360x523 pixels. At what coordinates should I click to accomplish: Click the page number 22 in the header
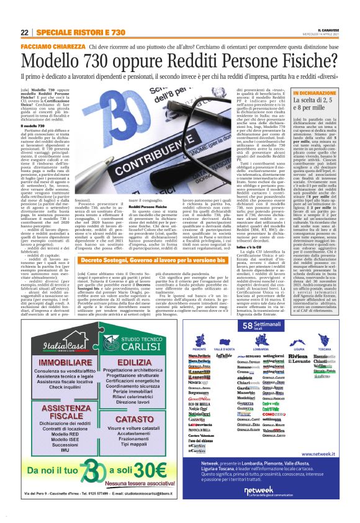[x=24, y=32]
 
